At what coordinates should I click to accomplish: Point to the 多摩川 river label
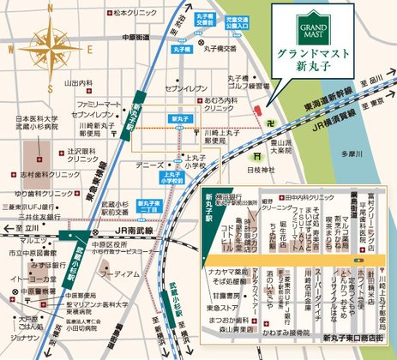point(352,153)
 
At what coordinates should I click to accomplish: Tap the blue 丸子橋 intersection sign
point(182,51)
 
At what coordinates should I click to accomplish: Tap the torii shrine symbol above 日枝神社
point(256,156)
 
